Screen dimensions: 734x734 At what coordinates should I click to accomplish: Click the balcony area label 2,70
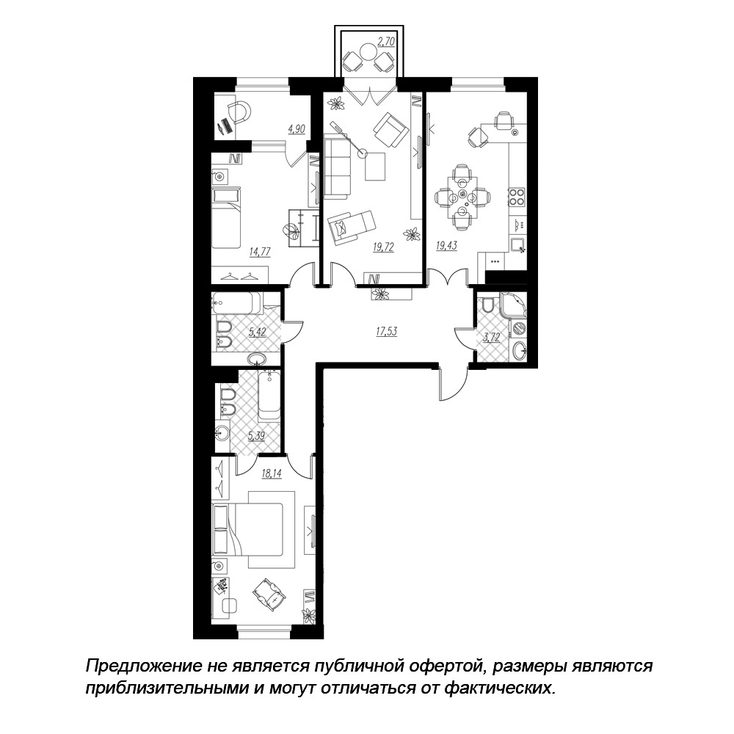(386, 42)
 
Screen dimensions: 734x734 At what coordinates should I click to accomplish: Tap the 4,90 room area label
(297, 129)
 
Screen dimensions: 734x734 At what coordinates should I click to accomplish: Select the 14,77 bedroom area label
(261, 252)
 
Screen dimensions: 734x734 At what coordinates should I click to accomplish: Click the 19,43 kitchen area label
(446, 245)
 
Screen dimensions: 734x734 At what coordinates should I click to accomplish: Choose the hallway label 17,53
(386, 332)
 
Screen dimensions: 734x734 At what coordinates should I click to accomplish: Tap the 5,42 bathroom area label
(258, 333)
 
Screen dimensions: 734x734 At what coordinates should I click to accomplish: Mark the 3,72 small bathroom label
(491, 337)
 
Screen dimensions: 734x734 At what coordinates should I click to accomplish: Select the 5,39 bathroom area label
(256, 436)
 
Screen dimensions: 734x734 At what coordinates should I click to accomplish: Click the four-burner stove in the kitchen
(517, 197)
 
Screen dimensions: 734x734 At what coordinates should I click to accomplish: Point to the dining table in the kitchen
(462, 197)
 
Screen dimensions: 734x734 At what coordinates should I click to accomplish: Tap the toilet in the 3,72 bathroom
(487, 305)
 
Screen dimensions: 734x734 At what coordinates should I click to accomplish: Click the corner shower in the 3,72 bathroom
(514, 305)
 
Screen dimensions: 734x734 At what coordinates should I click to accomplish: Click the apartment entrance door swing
(452, 384)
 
